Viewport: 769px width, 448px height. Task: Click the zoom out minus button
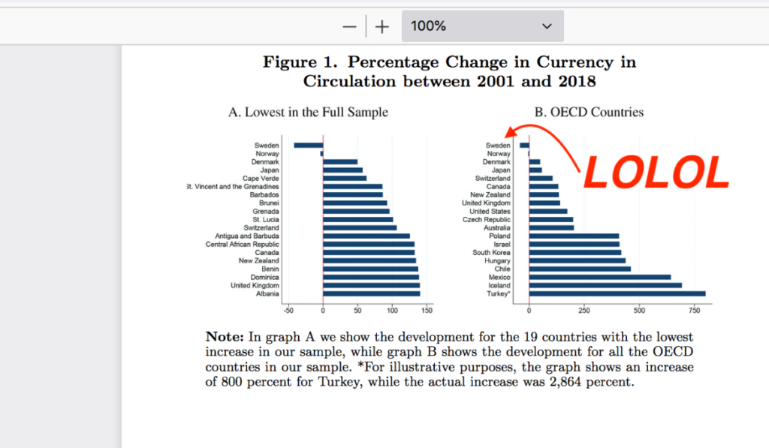tap(349, 26)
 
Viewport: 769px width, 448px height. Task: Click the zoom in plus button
tap(382, 26)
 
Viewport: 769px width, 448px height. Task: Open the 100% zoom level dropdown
tap(482, 26)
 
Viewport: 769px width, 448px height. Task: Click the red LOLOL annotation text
tap(656, 173)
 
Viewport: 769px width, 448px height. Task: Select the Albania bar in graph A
tap(371, 293)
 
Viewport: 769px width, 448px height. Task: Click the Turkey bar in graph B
tap(617, 293)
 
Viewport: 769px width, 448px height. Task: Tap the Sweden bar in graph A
tap(308, 145)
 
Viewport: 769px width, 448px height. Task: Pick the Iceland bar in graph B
tap(605, 285)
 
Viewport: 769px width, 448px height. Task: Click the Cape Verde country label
tap(261, 178)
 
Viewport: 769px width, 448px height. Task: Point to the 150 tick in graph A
tap(427, 309)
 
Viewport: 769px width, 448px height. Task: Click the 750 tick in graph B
tap(695, 309)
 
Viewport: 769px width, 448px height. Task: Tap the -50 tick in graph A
tap(288, 309)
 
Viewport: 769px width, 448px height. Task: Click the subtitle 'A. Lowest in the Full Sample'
tap(308, 113)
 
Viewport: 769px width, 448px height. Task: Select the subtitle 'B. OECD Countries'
tap(589, 113)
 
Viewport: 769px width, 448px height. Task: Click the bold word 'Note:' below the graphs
tap(224, 338)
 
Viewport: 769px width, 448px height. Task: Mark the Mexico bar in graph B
tap(599, 277)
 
